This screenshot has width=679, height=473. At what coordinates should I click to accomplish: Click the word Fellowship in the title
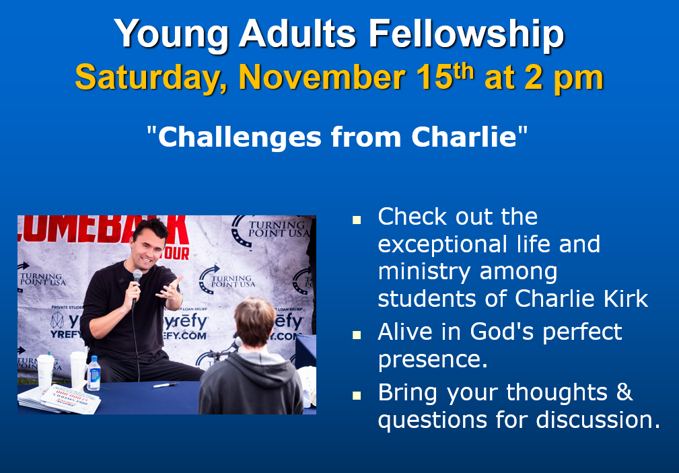coord(466,34)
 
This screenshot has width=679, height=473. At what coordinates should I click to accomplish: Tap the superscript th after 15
coord(464,71)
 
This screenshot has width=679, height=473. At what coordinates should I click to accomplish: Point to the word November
coord(322,77)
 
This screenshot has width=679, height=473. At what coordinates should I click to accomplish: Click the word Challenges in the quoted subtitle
coord(240,137)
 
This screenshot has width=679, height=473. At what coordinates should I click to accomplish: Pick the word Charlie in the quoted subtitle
coord(464,137)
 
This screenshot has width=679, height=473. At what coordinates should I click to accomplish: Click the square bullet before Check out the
coord(357,219)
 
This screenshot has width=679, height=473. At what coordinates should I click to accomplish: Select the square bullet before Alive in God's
coord(357,335)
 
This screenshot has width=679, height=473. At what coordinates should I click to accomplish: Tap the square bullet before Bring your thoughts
coord(357,395)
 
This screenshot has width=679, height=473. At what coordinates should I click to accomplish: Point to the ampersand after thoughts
coord(624,392)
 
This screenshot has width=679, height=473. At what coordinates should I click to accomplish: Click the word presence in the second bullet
coord(433,359)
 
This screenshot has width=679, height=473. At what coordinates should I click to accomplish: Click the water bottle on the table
coord(93,373)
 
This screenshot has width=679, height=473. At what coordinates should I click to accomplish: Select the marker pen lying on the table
coord(166,385)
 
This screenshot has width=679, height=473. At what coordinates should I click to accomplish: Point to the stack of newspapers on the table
coord(60,398)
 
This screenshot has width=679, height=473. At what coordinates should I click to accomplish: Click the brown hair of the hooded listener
coord(254,320)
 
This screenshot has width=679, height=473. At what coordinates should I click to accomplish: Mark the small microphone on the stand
coord(238,342)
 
